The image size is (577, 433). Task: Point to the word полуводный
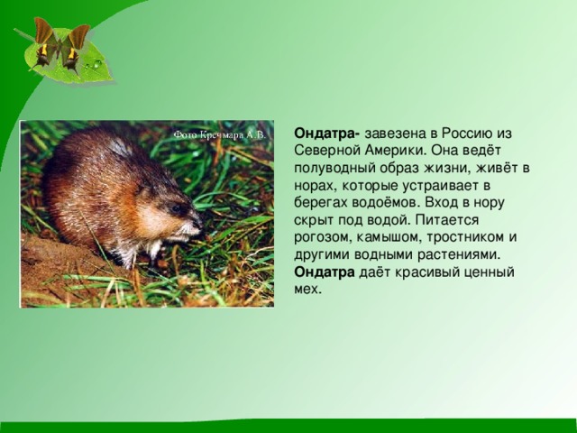click(x=337, y=168)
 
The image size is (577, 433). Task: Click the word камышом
click(x=389, y=238)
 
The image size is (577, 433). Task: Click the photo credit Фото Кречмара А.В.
click(x=219, y=134)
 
